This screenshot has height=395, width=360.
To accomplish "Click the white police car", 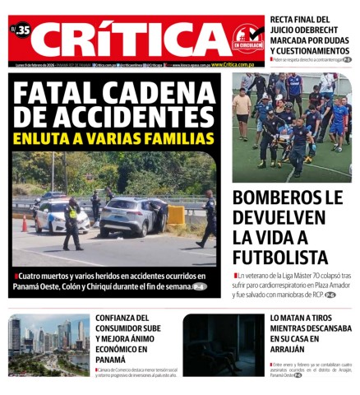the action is click(x=59, y=216).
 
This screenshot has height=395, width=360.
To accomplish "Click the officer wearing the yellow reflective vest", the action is click(x=72, y=222).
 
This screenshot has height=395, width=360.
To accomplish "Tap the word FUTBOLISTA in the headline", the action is click(x=280, y=258).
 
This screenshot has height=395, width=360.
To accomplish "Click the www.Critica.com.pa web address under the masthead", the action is click(x=232, y=64).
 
